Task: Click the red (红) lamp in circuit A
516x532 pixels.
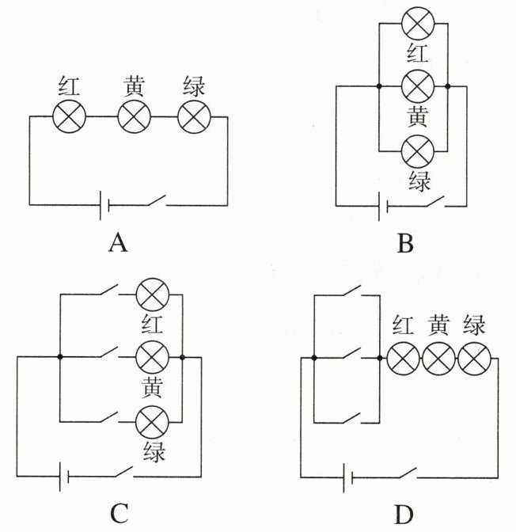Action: point(69,116)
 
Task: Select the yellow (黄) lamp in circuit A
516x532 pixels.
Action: point(134,116)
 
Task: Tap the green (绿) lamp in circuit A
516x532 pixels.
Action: point(194,116)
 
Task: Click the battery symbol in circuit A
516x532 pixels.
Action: point(104,205)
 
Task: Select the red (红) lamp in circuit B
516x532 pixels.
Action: point(418,24)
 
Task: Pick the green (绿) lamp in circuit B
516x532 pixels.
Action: point(418,150)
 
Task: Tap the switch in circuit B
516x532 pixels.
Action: point(435,201)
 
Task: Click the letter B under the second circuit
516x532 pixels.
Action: point(405,243)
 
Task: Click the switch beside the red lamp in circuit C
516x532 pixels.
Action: point(109,289)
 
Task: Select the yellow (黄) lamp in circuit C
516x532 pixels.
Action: point(152,357)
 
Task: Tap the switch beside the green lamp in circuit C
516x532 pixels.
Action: point(109,417)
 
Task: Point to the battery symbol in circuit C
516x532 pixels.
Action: point(64,477)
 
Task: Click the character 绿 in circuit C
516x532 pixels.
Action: point(154,451)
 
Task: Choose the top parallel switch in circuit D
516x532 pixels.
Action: point(352,291)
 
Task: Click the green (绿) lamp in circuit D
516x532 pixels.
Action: point(474,359)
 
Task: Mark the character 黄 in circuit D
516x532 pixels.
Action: point(438,325)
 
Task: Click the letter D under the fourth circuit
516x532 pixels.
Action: point(404,515)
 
